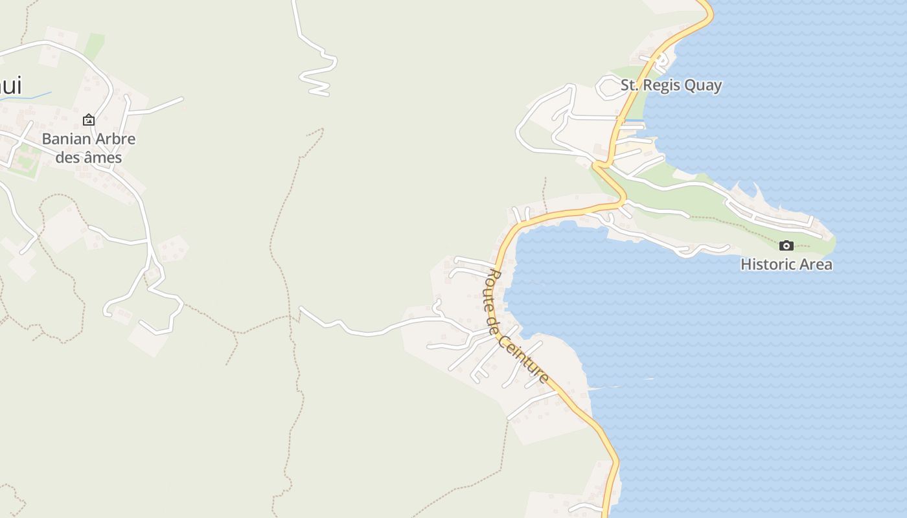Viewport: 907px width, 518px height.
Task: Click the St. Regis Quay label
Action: click(671, 85)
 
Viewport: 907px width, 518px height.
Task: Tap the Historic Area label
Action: click(786, 264)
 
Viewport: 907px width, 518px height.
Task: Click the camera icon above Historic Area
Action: click(786, 245)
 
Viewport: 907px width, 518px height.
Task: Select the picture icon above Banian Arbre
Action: click(89, 120)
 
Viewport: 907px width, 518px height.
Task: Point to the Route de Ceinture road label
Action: click(516, 327)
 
